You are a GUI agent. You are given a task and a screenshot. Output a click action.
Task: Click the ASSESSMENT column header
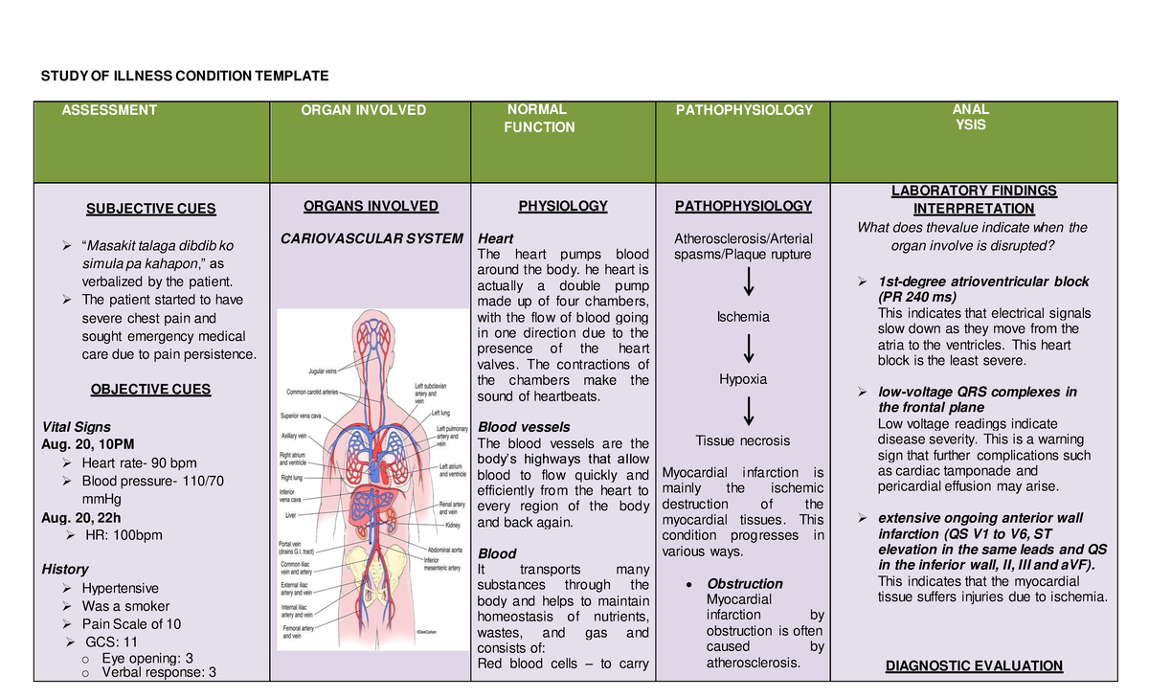pyautogui.click(x=109, y=110)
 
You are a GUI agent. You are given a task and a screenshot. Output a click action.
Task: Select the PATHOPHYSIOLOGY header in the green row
pyautogui.click(x=744, y=110)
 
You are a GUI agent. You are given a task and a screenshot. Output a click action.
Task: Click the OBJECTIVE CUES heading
pyautogui.click(x=150, y=390)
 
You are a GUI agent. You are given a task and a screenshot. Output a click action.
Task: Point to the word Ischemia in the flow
pyautogui.click(x=743, y=317)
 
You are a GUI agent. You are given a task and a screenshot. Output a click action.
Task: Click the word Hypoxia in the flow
pyautogui.click(x=743, y=379)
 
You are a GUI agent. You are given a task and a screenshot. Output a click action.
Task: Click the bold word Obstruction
pyautogui.click(x=745, y=583)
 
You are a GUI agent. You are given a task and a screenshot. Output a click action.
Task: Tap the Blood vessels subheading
pyautogui.click(x=524, y=426)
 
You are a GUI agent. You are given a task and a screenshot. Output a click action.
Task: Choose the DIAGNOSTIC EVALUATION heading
pyautogui.click(x=974, y=666)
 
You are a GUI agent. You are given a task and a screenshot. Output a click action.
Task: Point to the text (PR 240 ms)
pyautogui.click(x=919, y=297)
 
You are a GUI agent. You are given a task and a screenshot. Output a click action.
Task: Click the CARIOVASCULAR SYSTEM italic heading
pyautogui.click(x=372, y=238)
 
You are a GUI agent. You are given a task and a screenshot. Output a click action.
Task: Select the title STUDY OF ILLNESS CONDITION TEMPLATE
pyautogui.click(x=182, y=76)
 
